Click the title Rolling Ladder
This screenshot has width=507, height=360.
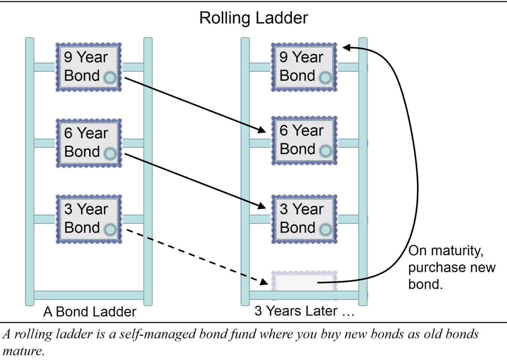(x=253, y=18)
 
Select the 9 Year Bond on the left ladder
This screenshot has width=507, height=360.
(x=89, y=67)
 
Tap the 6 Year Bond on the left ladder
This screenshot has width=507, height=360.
(x=89, y=143)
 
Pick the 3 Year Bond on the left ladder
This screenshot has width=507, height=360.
(x=89, y=219)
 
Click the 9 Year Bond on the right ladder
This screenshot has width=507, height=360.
(x=304, y=67)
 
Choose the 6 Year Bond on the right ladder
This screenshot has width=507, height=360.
(x=304, y=140)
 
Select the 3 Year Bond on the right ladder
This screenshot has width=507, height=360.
(x=304, y=219)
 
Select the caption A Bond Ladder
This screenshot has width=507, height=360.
(x=89, y=312)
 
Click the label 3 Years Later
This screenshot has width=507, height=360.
(x=304, y=311)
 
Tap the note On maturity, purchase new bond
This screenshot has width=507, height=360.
(x=451, y=267)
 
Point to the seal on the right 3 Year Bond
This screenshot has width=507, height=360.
(x=325, y=229)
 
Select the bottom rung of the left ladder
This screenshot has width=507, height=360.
(x=89, y=295)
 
